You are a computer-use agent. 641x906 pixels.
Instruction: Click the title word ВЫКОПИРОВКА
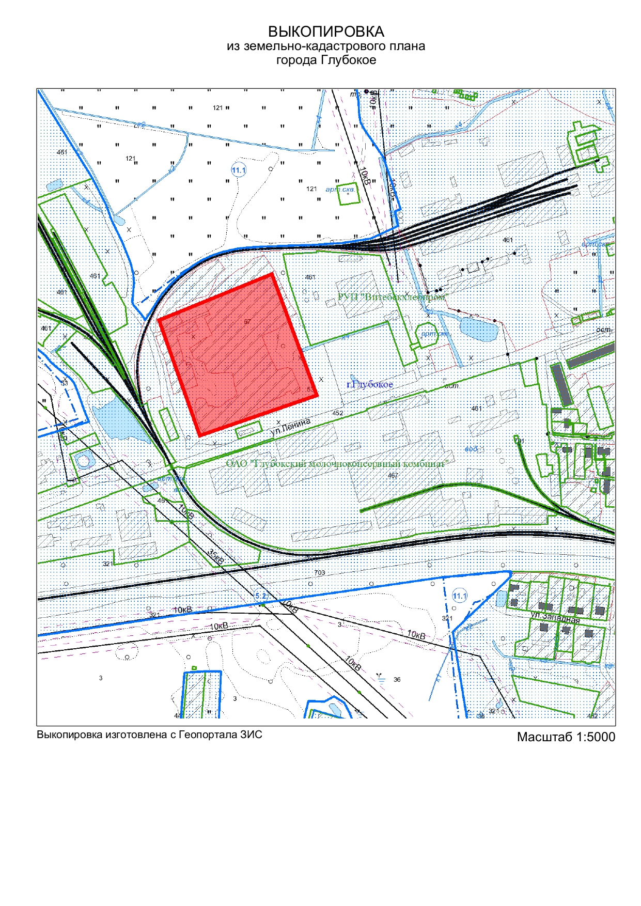point(326,32)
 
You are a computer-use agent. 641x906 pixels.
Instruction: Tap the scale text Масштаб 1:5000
point(566,737)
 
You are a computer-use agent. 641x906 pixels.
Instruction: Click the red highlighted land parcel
point(238,354)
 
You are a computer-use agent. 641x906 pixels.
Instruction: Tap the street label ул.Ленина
point(291,427)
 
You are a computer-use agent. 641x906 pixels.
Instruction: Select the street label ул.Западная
point(555,617)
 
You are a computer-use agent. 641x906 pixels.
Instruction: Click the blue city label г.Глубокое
point(370,384)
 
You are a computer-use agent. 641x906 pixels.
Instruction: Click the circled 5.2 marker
point(261,596)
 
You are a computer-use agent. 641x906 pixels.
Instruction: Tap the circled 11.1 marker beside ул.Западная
point(460,596)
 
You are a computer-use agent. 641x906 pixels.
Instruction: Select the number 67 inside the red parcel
point(247,322)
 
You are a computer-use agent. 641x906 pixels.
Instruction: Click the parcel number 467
point(393,475)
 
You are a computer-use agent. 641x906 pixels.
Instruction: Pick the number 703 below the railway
point(320,572)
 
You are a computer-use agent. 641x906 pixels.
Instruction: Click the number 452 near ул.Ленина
point(338,413)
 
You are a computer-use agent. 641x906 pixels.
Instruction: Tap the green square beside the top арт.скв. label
point(348,194)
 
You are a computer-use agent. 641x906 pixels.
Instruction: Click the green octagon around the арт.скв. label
point(428,334)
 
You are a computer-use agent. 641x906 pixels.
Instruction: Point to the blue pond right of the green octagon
point(478,329)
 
